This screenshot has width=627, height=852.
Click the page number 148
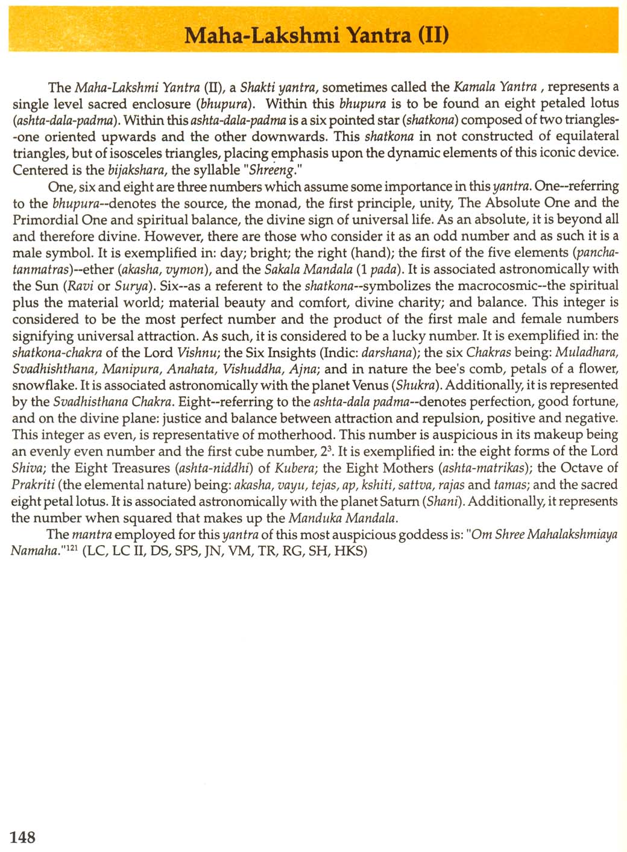pos(23,836)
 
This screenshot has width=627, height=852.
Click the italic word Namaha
pos(33,551)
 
